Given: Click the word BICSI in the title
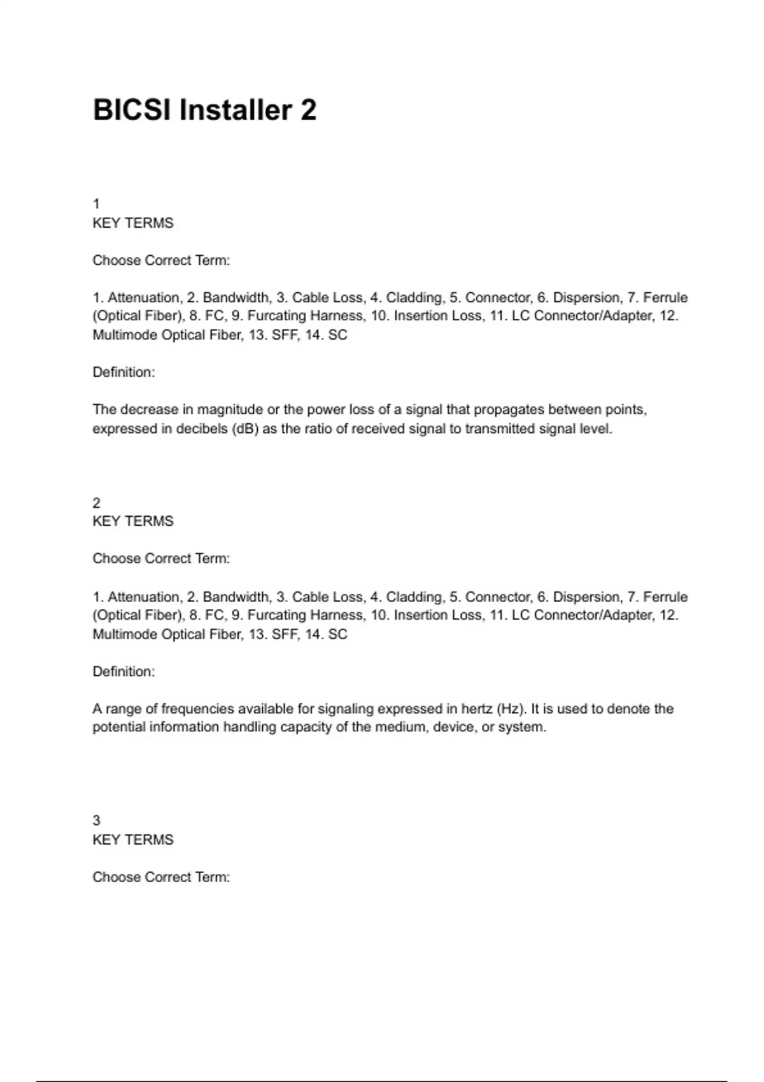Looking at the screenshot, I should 132,110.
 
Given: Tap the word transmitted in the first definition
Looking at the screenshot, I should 500,429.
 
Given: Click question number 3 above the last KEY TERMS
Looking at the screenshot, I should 96,820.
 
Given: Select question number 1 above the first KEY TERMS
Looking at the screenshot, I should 96,204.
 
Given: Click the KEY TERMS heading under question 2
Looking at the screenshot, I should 132,521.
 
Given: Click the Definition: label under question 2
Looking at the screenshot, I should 124,671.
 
